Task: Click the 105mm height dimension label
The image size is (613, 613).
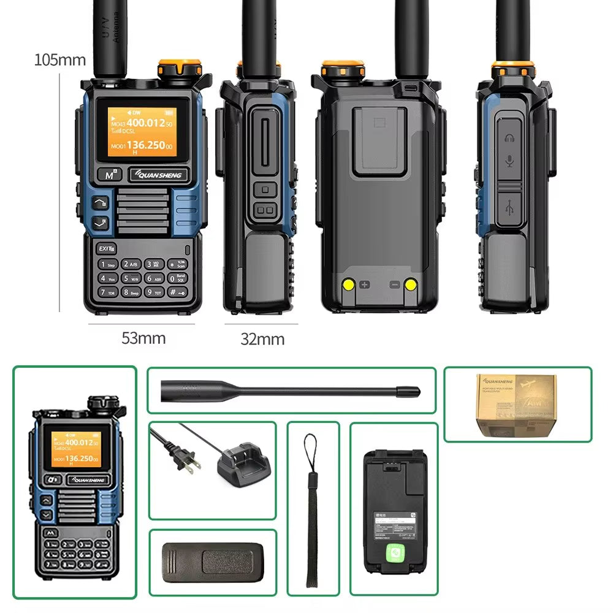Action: pos(59,60)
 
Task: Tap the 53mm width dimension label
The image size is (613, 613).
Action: pos(143,338)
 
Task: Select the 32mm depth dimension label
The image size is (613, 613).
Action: pos(262,339)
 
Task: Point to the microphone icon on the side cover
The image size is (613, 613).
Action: pos(509,162)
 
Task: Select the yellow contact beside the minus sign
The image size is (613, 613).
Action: pos(410,284)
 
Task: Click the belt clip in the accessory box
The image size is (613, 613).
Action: pos(212,562)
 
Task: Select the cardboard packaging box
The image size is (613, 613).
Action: pos(518,405)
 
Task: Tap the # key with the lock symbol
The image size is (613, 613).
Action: pos(173,292)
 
